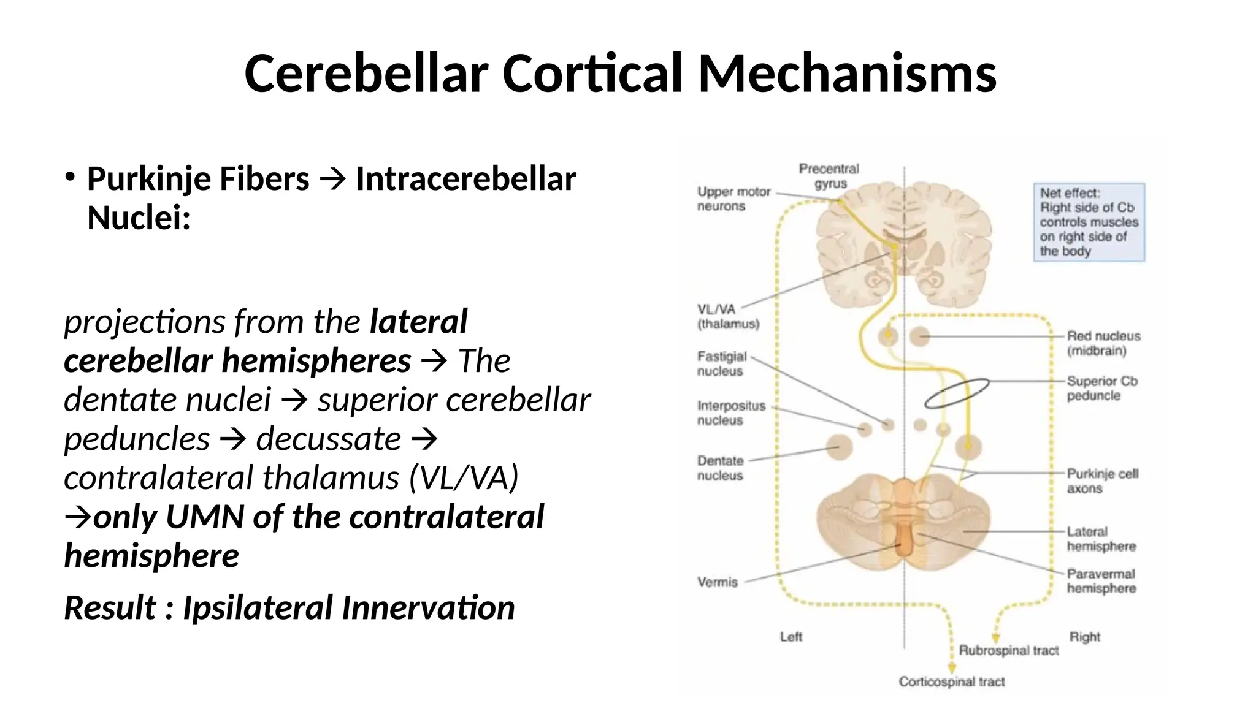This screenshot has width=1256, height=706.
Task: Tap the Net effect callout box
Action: pyautogui.click(x=1089, y=222)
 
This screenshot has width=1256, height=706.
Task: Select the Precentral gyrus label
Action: pyautogui.click(x=829, y=176)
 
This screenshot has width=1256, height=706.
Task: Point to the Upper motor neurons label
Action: pyautogui.click(x=733, y=199)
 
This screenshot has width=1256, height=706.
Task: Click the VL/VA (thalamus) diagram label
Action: pyautogui.click(x=727, y=316)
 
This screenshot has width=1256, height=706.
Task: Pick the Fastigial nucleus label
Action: pyautogui.click(x=721, y=363)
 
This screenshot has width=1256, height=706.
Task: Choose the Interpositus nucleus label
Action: pyautogui.click(x=730, y=413)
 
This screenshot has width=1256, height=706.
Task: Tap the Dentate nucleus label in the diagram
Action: pyautogui.click(x=720, y=468)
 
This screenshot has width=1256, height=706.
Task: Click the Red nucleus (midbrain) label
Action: pyautogui.click(x=1103, y=343)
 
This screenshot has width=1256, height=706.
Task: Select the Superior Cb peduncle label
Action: pyautogui.click(x=1101, y=388)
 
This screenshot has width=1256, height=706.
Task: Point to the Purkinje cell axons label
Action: pyautogui.click(x=1102, y=481)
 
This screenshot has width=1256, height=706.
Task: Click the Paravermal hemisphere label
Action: pyautogui.click(x=1101, y=581)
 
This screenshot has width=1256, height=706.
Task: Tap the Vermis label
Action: pyautogui.click(x=717, y=582)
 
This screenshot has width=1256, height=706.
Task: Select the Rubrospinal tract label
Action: pyautogui.click(x=1008, y=650)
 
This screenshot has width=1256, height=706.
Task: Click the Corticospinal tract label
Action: pyautogui.click(x=951, y=681)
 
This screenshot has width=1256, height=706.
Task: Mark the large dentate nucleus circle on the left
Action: pyautogui.click(x=839, y=447)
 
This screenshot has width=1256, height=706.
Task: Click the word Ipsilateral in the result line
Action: pyautogui.click(x=258, y=608)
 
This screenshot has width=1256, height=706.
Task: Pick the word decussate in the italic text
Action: pyautogui.click(x=328, y=439)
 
